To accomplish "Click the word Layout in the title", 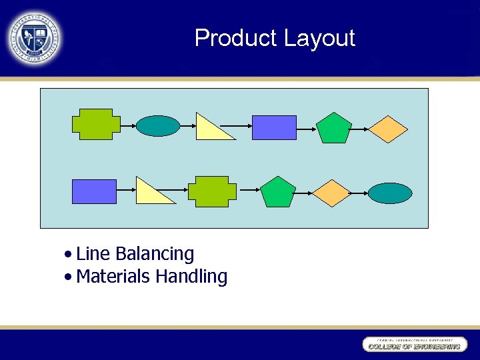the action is pos(319,38).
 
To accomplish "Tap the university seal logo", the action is pos(35,39).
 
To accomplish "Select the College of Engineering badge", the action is pos(414,345).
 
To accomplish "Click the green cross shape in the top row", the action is pos(96,124).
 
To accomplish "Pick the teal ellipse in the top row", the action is pos(158,125).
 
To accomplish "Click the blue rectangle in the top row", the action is pos(274,127).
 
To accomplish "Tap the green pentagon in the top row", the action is pos(333,128).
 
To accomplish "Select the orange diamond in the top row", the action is pos(388,129).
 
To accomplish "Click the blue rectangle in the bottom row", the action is pos(94,191).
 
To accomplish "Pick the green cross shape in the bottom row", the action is pos(212,191).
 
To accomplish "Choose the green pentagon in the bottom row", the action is pos(277,192).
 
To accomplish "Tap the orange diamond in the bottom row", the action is pos(332,193).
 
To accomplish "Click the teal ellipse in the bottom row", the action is pos(391,193).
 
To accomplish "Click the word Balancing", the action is pos(155,254).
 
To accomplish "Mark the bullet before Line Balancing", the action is pos(69,255).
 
